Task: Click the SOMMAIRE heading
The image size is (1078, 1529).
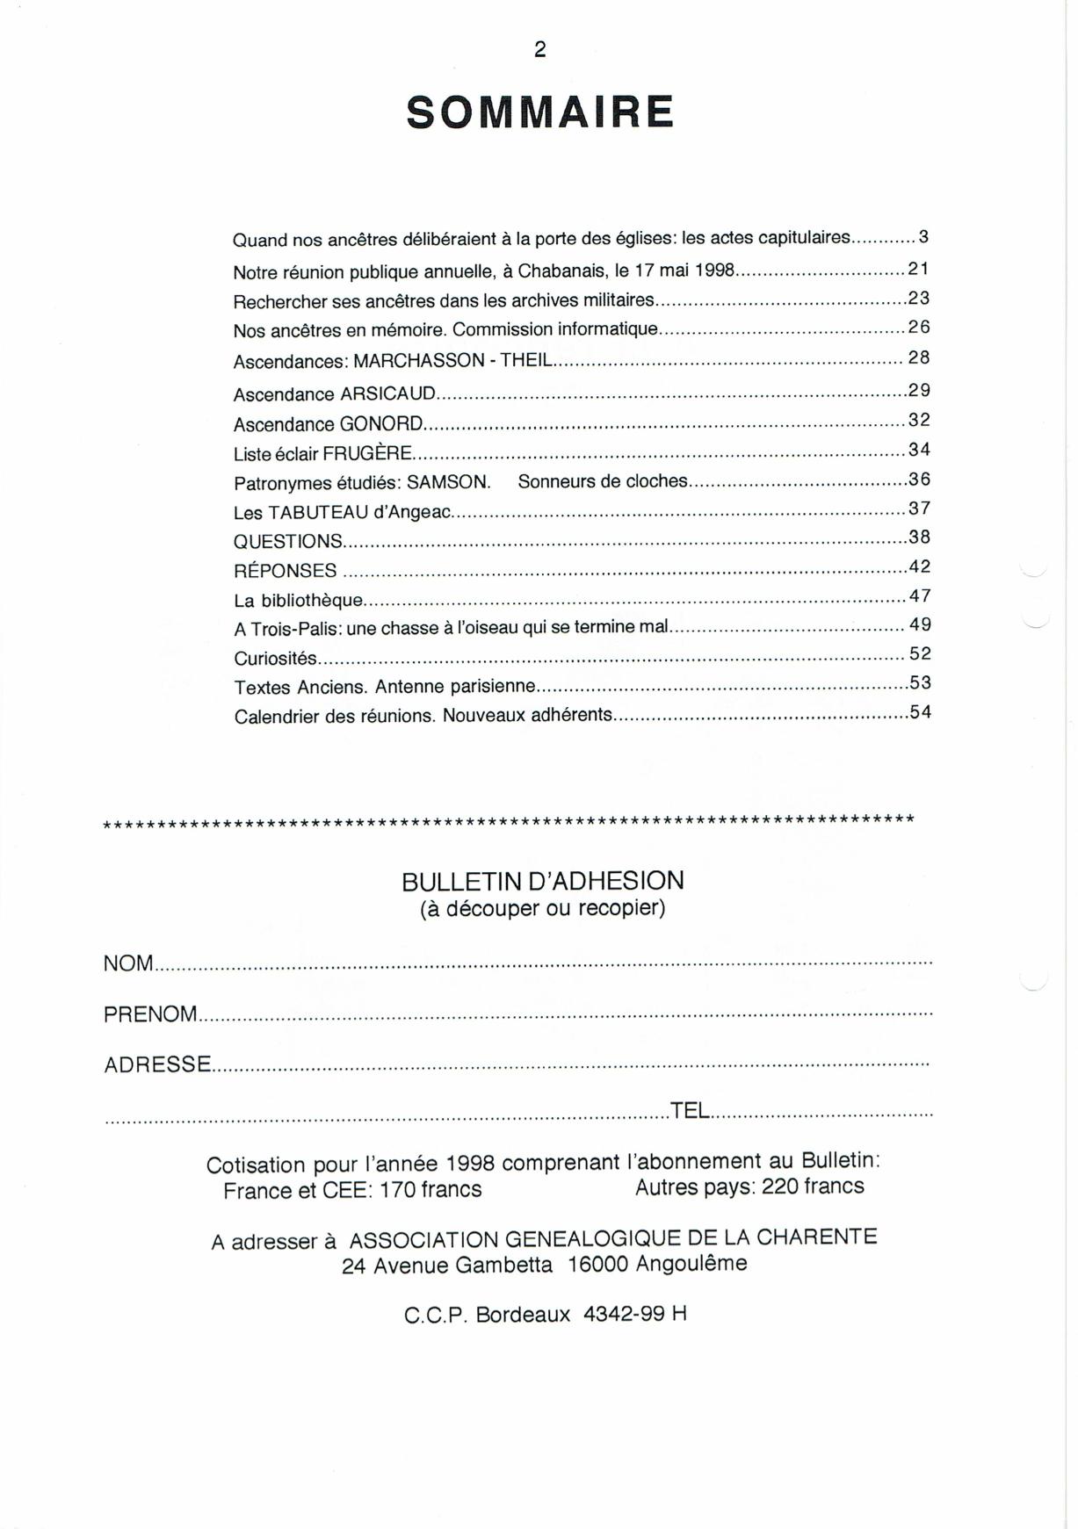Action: (x=539, y=113)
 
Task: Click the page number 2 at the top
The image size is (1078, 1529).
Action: (x=539, y=50)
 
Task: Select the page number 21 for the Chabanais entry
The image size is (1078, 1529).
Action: (x=918, y=269)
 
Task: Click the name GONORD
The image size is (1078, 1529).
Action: (x=381, y=424)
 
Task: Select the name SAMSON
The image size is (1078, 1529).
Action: (x=448, y=483)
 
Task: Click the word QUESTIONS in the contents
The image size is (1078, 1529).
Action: (x=288, y=542)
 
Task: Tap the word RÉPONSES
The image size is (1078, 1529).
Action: (x=286, y=571)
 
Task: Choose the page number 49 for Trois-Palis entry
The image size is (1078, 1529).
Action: (x=920, y=624)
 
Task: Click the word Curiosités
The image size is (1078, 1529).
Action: (x=276, y=659)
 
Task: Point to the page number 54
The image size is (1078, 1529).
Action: (x=920, y=712)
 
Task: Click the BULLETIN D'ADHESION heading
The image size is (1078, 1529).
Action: (x=542, y=881)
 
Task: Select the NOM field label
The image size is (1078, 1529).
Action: (x=128, y=963)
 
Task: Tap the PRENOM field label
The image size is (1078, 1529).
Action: (x=150, y=1014)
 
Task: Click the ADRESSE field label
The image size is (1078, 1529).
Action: (x=157, y=1065)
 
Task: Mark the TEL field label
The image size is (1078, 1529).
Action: (x=690, y=1110)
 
